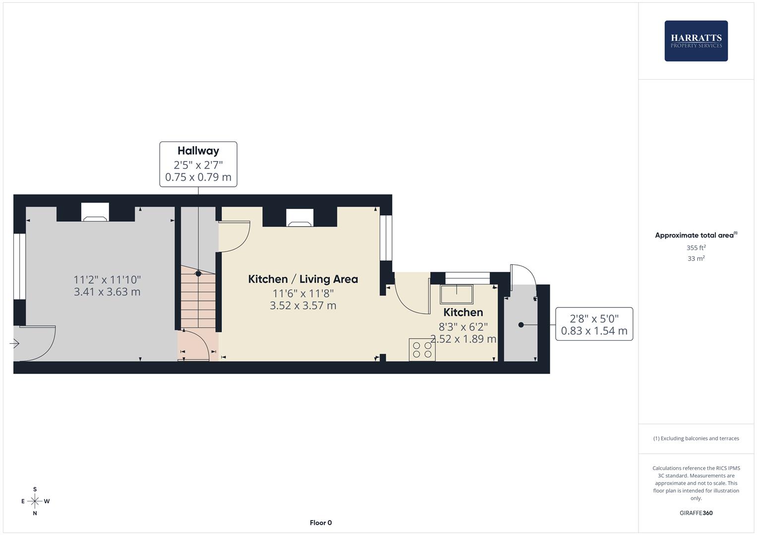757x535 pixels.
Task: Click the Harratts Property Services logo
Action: [x=696, y=41]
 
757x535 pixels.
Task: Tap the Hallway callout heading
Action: [x=198, y=151]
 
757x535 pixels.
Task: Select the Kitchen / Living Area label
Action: [x=303, y=279]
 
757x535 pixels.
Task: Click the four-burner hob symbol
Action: [x=422, y=350]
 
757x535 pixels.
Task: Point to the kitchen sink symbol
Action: [x=457, y=294]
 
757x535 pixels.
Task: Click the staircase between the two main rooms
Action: [x=198, y=297]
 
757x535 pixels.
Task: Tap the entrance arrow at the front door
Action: [x=14, y=343]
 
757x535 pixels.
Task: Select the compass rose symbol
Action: [x=35, y=501]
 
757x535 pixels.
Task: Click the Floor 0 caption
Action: [x=321, y=523]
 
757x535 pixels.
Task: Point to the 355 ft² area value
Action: [x=696, y=248]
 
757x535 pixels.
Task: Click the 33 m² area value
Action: [x=696, y=259]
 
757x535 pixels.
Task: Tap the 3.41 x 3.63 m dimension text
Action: [x=107, y=292]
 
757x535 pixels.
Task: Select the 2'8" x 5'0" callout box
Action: [x=594, y=324]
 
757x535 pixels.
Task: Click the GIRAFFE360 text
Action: [x=696, y=513]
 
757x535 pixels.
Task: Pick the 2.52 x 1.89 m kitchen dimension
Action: [x=463, y=339]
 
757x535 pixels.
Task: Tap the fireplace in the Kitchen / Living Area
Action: [x=300, y=217]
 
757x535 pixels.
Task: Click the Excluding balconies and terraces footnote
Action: [x=696, y=438]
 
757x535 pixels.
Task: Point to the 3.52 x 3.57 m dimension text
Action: [x=303, y=306]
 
